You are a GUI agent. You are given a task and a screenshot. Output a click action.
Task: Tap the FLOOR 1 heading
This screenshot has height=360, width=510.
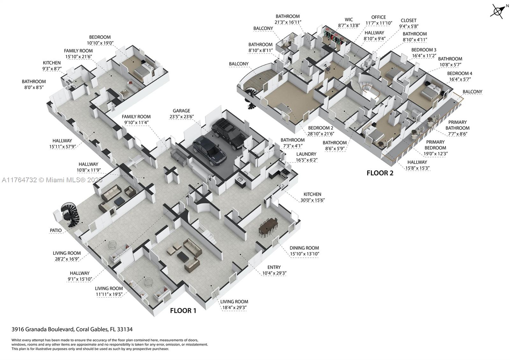tap(183, 311)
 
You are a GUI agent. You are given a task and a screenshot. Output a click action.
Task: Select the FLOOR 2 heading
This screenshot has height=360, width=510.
tap(380, 173)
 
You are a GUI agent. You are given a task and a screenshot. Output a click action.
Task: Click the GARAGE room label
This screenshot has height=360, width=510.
tap(181, 111)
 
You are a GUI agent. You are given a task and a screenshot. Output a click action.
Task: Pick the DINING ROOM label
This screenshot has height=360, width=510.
tap(304, 248)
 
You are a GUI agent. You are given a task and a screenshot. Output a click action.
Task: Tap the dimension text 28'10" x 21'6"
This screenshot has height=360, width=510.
tap(320, 134)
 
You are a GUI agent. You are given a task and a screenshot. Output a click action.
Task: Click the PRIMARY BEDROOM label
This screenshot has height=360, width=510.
tap(435, 145)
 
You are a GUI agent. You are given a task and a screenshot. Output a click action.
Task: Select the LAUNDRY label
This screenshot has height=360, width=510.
tap(306, 154)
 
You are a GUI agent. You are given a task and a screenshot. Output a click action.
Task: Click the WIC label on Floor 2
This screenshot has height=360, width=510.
tap(349, 19)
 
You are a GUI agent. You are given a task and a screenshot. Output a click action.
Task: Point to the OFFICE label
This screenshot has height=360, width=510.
tap(378, 17)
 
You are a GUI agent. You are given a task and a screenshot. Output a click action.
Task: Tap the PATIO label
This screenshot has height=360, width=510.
tap(55, 230)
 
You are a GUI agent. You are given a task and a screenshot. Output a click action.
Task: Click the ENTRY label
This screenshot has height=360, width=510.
tap(274, 267)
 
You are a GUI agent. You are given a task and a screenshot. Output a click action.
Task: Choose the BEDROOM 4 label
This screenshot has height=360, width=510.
tap(459, 73)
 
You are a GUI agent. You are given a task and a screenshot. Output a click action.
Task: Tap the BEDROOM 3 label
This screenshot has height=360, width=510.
tap(424, 50)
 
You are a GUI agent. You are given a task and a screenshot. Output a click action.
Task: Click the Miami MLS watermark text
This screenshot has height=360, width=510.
tap(52, 180)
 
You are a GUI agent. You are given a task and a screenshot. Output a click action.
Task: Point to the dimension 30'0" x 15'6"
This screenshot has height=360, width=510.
tap(312, 200)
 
